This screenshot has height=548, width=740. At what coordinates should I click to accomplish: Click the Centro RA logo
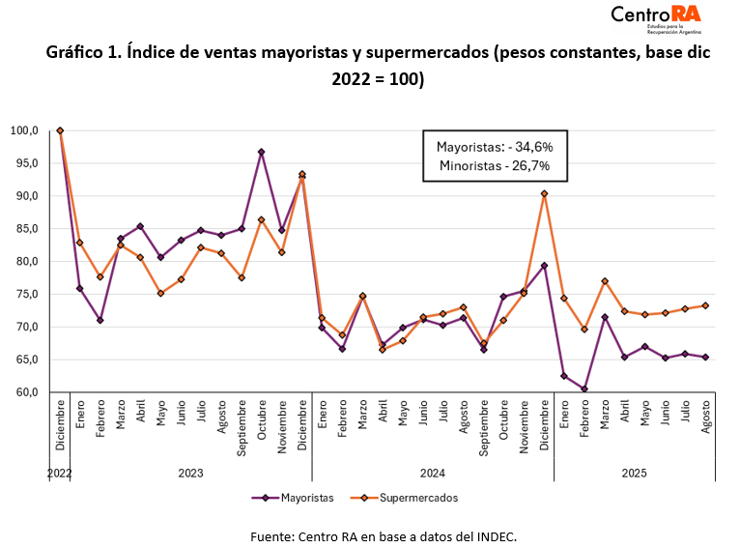(x=656, y=18)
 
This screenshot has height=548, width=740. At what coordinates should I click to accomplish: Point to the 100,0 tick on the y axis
(x=24, y=130)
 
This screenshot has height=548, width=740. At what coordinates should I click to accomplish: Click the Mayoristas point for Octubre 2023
(x=262, y=152)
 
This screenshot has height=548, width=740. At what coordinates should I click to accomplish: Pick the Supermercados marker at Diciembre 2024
(x=544, y=193)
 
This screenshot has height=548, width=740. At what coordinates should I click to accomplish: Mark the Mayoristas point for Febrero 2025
(x=583, y=389)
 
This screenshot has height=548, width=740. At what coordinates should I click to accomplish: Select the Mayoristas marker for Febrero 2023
(x=100, y=320)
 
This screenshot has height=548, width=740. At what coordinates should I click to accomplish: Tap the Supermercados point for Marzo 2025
(x=604, y=281)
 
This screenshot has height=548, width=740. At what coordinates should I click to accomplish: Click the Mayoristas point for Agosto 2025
(x=704, y=357)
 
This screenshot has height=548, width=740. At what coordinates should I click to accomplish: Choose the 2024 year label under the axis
(x=432, y=474)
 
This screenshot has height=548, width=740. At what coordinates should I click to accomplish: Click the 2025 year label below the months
(x=634, y=474)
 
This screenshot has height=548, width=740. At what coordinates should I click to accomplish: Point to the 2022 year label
(x=60, y=474)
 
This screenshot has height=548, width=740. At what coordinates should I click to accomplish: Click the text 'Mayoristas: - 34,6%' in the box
(x=495, y=147)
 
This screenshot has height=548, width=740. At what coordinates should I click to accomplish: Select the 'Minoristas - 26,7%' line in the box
(x=495, y=166)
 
